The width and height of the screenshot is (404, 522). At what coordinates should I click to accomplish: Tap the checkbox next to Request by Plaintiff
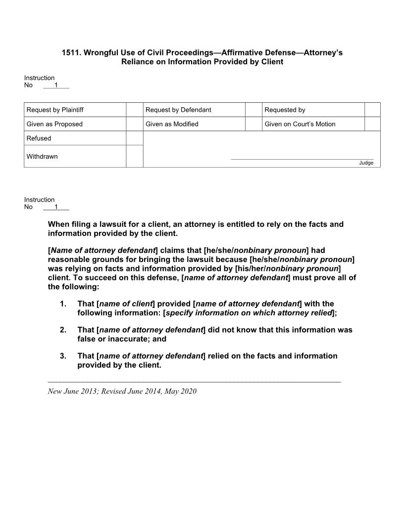(134, 110)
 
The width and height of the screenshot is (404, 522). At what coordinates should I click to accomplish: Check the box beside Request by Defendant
(253, 110)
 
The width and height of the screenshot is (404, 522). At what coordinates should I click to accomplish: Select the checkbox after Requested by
(372, 110)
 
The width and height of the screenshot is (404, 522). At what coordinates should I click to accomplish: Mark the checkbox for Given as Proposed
(134, 124)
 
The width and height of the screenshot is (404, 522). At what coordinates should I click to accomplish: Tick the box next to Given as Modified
(253, 124)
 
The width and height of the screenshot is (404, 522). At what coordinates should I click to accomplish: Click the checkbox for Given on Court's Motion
(372, 124)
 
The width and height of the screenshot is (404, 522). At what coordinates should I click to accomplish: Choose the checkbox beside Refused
(134, 138)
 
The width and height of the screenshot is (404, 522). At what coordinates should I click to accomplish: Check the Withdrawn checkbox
(134, 156)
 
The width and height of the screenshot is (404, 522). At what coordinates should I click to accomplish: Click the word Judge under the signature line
(366, 163)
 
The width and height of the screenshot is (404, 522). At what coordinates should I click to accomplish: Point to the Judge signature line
(302, 159)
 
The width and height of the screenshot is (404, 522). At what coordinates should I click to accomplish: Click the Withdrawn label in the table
(42, 157)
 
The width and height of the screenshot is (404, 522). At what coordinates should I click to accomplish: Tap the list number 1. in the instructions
(63, 304)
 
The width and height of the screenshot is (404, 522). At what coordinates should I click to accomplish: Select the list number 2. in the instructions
(63, 330)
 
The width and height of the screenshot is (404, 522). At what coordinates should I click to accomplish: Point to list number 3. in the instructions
(63, 356)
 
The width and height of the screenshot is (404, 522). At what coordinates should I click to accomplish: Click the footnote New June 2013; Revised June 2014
(122, 391)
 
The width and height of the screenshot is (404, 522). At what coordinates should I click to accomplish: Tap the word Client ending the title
(271, 62)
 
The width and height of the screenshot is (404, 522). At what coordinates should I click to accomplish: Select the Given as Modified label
(172, 124)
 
